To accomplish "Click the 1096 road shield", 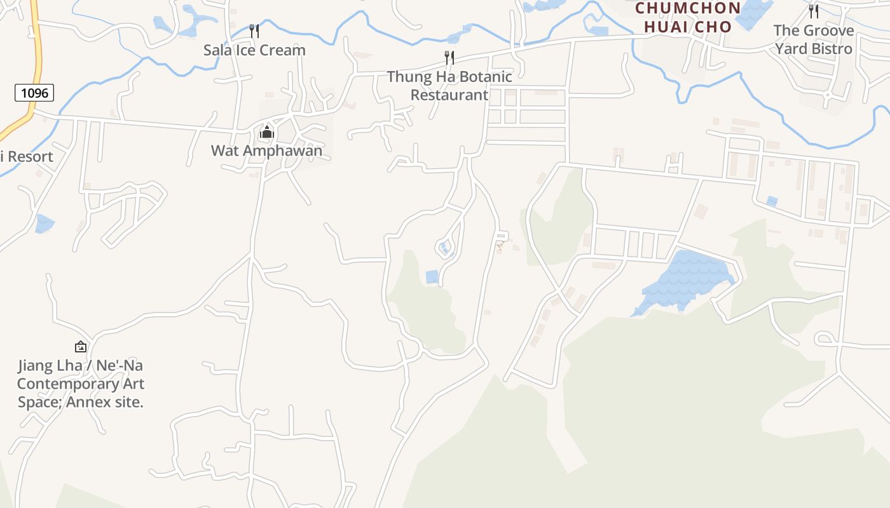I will click(x=34, y=93).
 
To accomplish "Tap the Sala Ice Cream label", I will click(x=254, y=50).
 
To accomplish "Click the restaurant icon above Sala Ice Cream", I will click(x=254, y=30).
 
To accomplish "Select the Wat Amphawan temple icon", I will click(x=267, y=132).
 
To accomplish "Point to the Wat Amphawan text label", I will click(x=266, y=151).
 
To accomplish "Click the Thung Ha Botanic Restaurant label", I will click(x=449, y=86).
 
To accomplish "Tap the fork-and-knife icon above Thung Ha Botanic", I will click(x=449, y=58).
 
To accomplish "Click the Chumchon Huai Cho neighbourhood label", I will click(x=688, y=17).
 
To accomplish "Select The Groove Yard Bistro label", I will click(x=814, y=39).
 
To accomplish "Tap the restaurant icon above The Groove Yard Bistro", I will click(x=814, y=11).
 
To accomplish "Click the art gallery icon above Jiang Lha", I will click(x=81, y=347).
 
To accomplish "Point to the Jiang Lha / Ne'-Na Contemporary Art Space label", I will click(x=80, y=384).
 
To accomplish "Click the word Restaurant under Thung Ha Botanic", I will click(x=449, y=95).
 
